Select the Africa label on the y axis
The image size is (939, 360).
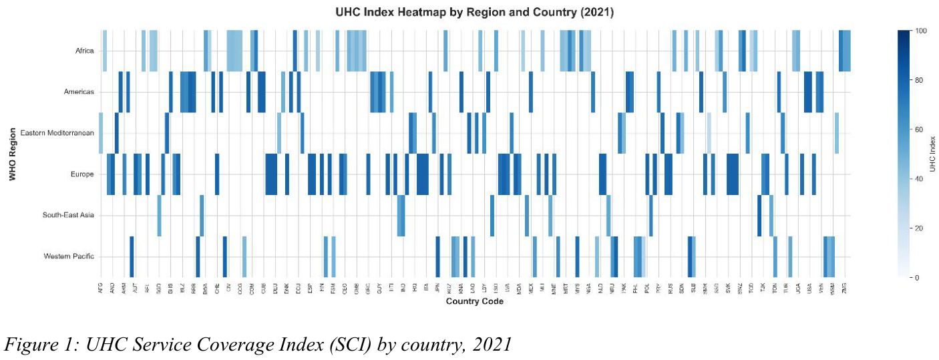[x=85, y=51]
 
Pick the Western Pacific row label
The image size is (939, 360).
[x=69, y=256]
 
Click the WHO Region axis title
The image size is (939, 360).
[x=12, y=154]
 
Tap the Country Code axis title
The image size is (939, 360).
[x=474, y=302]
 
